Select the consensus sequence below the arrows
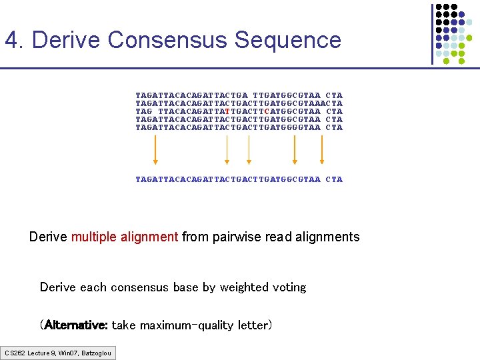coord(239,179)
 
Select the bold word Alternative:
coord(75,325)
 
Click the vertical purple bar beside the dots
coord(432,33)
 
